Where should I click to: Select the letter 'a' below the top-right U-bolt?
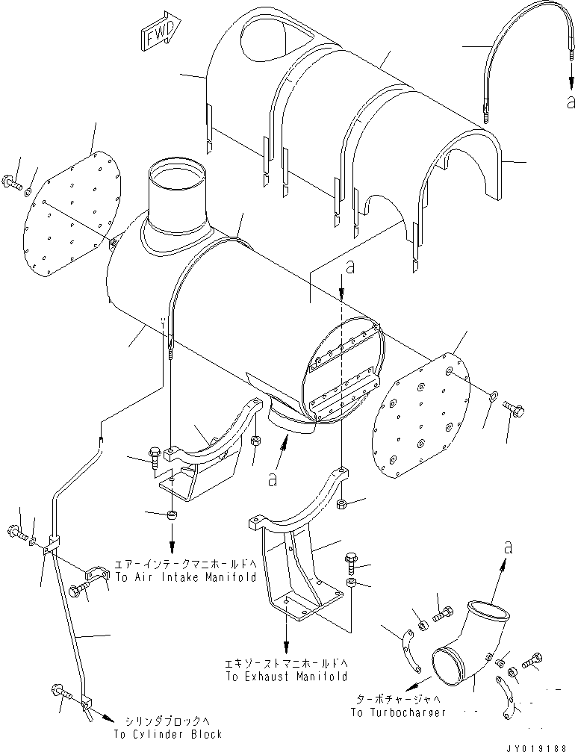pos(571,103)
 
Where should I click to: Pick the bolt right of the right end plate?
pos(515,407)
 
